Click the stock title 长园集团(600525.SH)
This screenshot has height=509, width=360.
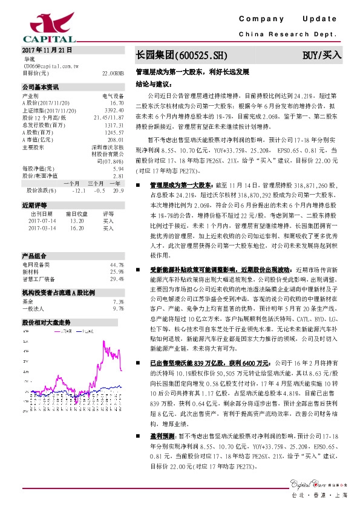click(x=181, y=55)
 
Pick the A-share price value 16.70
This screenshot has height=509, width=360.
click(x=117, y=103)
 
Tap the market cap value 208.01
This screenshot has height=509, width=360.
click(x=116, y=139)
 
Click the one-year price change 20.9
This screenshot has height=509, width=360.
click(x=118, y=190)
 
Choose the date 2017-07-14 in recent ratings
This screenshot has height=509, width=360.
click(x=41, y=221)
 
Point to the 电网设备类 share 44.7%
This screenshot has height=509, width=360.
click(x=117, y=265)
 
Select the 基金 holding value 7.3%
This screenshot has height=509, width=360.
click(x=119, y=301)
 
